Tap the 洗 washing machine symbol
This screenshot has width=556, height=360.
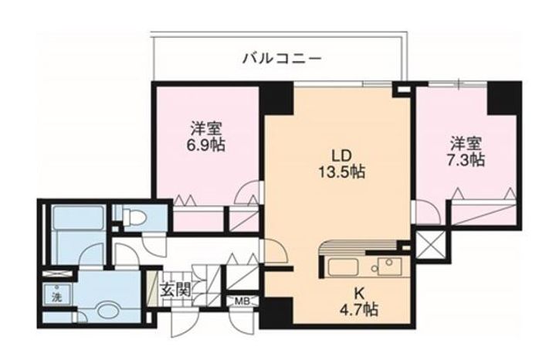coord(56,296)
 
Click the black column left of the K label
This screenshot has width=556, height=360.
coord(276,311)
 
